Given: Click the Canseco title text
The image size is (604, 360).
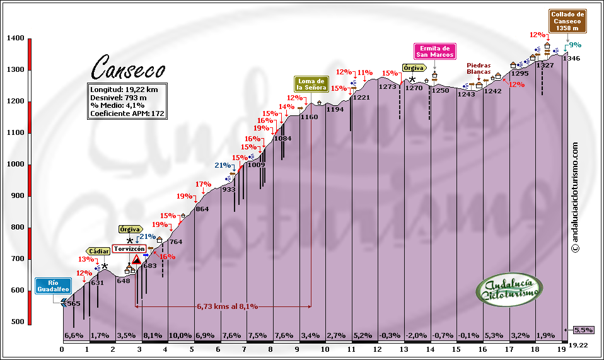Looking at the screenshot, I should coord(129,66).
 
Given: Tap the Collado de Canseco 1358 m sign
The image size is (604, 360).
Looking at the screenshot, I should coord(568,21).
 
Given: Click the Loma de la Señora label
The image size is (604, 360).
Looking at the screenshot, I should coord(311,84).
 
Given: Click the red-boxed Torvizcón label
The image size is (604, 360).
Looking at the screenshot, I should coord(129,248).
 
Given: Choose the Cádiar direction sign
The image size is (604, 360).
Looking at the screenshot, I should coord(100,251).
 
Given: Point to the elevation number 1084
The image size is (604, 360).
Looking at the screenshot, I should coord(283,138).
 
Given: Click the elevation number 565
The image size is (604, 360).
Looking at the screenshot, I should coord(74,304).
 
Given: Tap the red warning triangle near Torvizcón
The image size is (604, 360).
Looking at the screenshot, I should coord(136,259).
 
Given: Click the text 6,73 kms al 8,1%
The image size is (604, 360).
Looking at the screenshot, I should coord(227,306).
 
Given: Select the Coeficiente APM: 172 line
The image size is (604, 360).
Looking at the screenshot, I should coord(127,113).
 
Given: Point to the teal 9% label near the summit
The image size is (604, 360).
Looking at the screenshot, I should coord(574,45).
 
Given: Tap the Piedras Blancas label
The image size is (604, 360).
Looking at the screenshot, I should coord(479,68).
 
